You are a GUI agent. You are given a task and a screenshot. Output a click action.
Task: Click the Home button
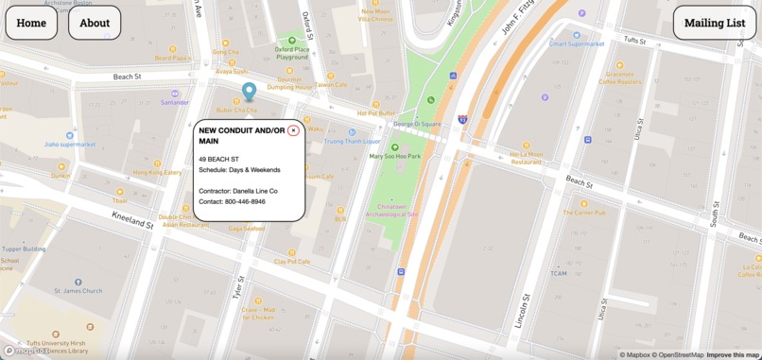pos(31,23)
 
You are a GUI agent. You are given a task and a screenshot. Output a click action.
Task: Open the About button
pos(95,23)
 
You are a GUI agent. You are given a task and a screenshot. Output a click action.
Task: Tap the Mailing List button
pos(715,23)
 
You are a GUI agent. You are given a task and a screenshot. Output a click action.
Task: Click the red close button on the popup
pos(293,130)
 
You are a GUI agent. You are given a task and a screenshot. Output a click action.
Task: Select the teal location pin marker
pos(249,91)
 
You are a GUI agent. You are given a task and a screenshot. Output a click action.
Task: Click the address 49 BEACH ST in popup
pos(218,159)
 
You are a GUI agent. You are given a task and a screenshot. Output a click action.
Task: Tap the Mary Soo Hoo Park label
pos(395,156)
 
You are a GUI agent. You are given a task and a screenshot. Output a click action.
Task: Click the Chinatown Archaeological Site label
pos(397,210)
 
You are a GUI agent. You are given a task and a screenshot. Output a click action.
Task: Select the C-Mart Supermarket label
pos(577,43)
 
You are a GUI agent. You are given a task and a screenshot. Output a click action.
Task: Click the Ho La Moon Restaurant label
pos(527,158)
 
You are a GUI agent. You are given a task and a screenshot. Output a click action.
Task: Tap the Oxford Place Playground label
pos(292,53)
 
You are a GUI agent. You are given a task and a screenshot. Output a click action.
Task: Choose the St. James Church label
pos(78,291)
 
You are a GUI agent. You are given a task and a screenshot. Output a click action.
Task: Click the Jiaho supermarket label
pos(70,145)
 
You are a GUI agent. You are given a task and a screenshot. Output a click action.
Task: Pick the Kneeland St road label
pos(132,220)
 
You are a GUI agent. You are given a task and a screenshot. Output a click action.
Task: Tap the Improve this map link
pos(733,354)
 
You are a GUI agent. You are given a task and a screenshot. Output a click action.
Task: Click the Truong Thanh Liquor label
pos(352,142)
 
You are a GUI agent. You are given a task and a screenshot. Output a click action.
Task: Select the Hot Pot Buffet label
pos(375,113)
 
